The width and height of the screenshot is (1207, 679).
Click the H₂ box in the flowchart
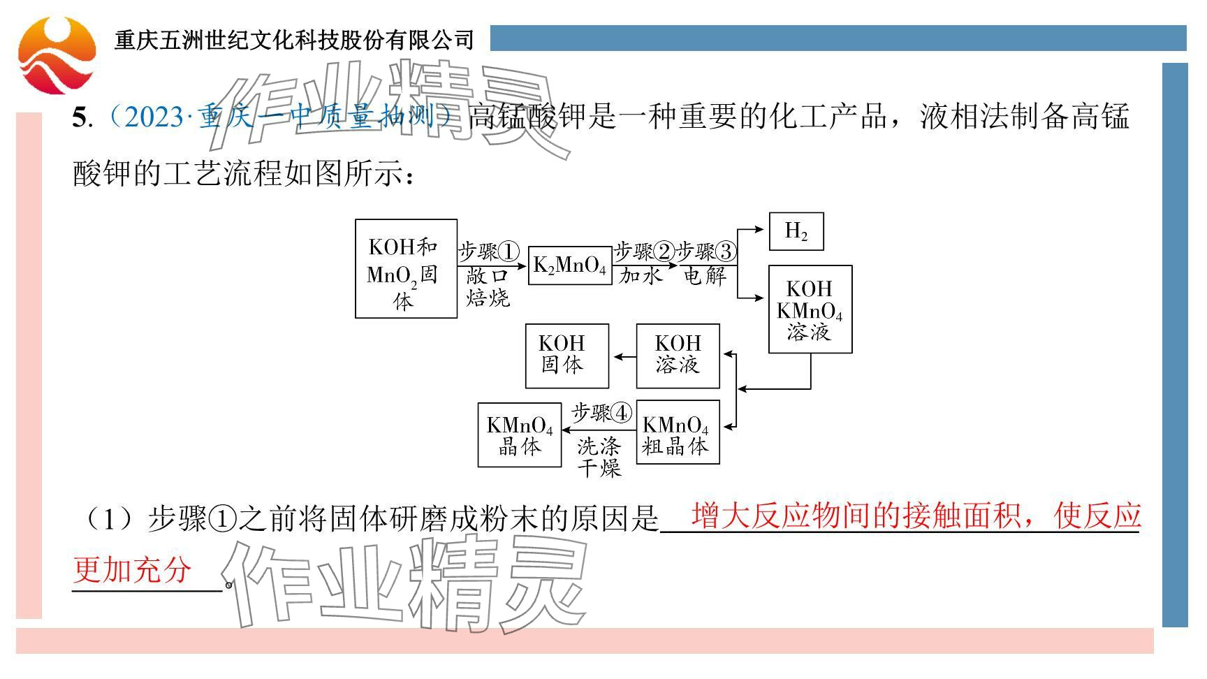796,231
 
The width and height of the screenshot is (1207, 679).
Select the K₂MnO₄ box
569,265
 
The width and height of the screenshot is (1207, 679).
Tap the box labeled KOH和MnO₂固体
406,269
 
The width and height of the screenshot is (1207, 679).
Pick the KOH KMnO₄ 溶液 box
810,309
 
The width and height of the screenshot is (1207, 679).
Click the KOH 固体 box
566,356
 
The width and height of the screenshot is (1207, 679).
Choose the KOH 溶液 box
678,356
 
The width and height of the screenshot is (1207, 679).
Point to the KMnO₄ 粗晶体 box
678,432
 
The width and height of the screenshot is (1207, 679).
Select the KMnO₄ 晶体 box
519,435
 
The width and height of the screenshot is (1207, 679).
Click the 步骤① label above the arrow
489,251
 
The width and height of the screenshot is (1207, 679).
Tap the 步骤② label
643,251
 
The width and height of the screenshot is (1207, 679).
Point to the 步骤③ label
706,251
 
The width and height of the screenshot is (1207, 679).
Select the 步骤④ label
601,413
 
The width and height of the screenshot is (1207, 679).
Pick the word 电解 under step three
705,276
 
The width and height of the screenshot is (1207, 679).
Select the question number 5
79,117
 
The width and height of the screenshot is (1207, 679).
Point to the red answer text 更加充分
132,570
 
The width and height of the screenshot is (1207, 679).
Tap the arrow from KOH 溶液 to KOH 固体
623,357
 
